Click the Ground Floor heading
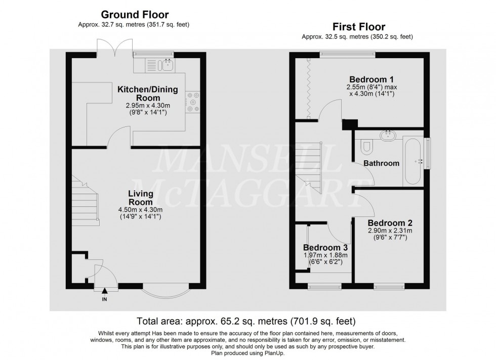click(x=135, y=15)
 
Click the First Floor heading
click(x=358, y=26)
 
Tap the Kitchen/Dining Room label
click(x=148, y=94)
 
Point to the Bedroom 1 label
click(x=371, y=79)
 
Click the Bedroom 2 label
click(x=390, y=222)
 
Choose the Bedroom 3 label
click(x=325, y=248)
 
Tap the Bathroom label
click(x=381, y=163)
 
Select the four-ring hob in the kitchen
click(x=193, y=101)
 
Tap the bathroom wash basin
click(x=389, y=134)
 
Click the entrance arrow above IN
click(x=105, y=290)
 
